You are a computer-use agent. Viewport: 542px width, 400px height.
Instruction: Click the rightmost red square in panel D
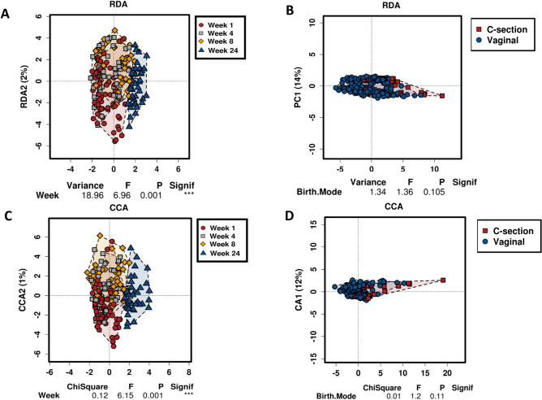443,302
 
